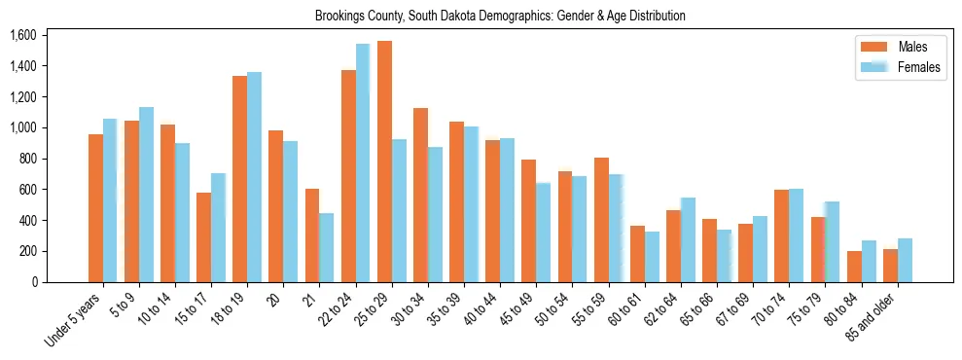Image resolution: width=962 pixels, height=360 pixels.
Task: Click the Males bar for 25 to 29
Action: [384, 162]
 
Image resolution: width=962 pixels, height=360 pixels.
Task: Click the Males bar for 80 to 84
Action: [854, 267]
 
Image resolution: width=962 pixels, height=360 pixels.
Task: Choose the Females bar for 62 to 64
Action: [688, 239]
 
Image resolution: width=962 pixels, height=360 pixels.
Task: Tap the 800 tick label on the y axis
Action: [27, 159]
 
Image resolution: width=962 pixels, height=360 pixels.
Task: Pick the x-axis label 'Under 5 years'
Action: [74, 319]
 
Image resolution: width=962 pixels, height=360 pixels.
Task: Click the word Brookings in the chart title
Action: [340, 16]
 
